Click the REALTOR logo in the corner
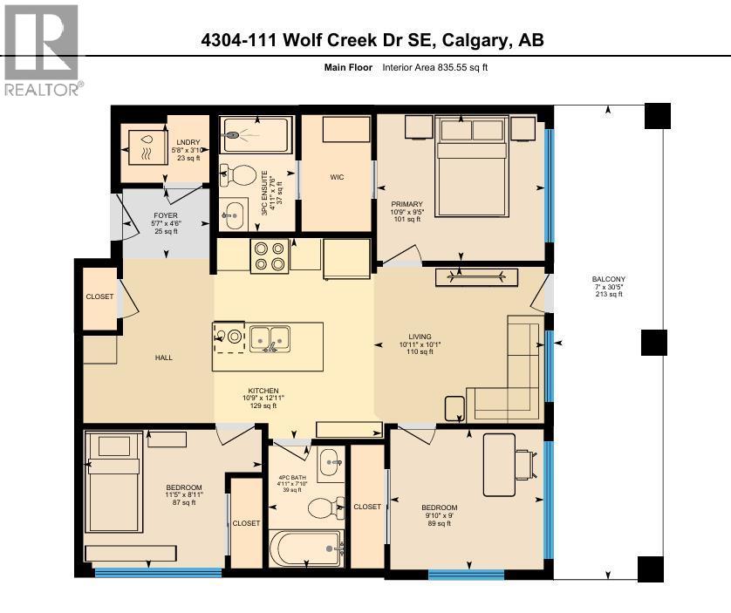pos(41,49)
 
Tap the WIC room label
pos(337,177)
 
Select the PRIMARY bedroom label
pos(406,207)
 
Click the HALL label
pos(163,358)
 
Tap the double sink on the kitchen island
pos(269,336)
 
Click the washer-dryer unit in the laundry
pos(142,146)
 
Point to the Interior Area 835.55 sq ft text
pos(434,67)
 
